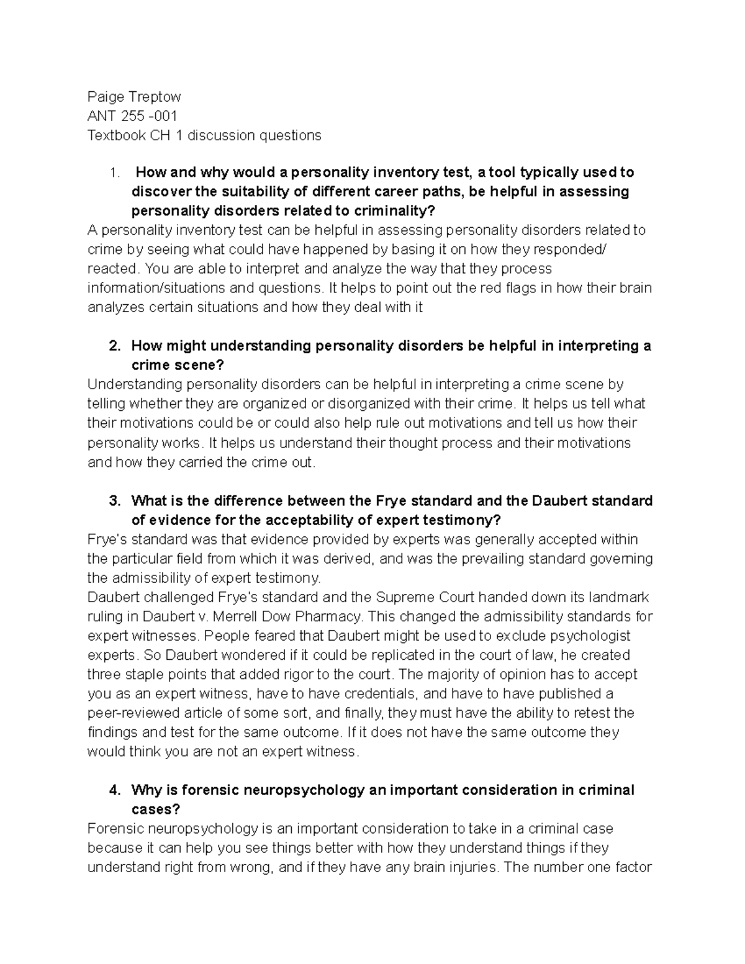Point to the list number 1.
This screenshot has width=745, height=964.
[x=112, y=173]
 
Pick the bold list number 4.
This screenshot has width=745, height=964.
[x=114, y=790]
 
